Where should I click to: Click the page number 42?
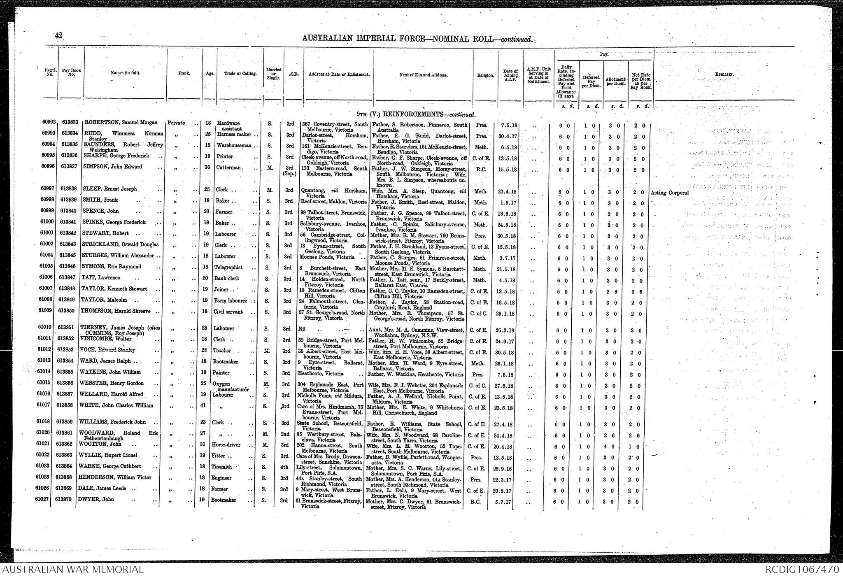coord(58,36)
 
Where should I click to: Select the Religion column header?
coord(486,75)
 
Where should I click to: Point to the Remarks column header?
coord(724,74)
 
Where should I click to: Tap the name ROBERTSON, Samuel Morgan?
coord(121,123)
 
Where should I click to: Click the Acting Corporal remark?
coord(670,193)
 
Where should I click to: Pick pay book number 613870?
coord(66,500)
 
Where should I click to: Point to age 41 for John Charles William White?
coord(207,406)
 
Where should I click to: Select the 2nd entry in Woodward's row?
coord(285,433)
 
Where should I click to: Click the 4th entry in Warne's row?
coord(285,467)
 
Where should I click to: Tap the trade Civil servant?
coord(228,312)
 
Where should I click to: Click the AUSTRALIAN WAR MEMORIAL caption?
coord(73,570)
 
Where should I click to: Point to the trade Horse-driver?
coord(226,445)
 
